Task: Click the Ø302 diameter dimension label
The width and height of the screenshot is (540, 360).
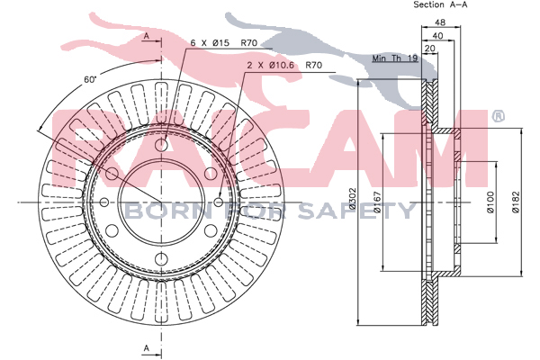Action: (352, 199)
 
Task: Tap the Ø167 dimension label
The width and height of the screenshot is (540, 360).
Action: (377, 202)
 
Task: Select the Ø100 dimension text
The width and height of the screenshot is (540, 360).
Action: (490, 202)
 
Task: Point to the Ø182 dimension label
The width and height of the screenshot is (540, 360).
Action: (515, 202)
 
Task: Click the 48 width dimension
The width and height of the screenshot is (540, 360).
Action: (440, 22)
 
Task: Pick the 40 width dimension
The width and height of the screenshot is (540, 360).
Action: (437, 35)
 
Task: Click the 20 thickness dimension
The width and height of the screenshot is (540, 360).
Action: (430, 49)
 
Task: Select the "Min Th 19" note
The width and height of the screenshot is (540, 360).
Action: (395, 58)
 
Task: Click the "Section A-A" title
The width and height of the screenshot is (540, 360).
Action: (440, 4)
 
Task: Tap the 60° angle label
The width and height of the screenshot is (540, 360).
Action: (90, 79)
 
